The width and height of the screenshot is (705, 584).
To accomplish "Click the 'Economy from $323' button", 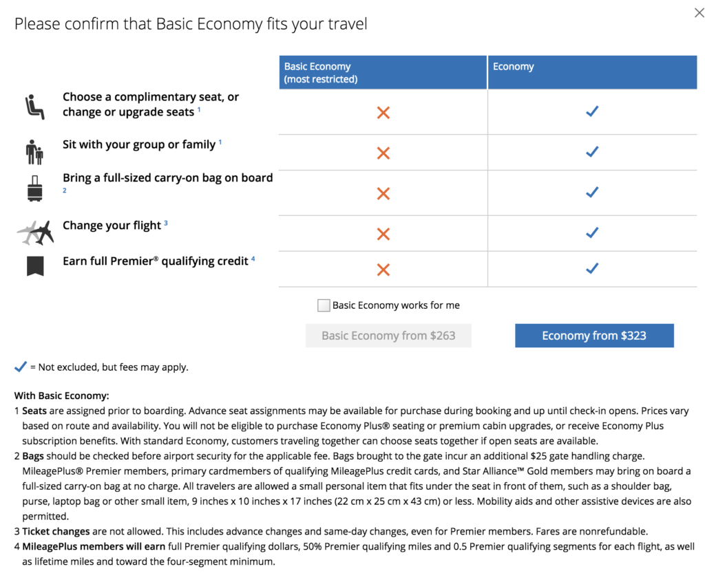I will (x=594, y=336).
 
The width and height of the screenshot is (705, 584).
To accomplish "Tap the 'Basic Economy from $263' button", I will (x=388, y=336).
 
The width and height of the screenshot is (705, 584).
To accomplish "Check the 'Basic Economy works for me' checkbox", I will (x=324, y=305).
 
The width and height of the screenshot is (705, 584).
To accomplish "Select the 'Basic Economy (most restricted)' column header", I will (x=383, y=72).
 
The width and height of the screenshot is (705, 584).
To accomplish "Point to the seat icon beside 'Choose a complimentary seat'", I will (x=34, y=107).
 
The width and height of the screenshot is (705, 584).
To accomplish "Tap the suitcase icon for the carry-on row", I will (x=34, y=188).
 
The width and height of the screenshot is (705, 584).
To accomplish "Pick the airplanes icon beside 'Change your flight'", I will (x=35, y=232).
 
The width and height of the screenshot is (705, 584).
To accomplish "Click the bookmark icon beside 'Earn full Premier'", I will (x=35, y=266).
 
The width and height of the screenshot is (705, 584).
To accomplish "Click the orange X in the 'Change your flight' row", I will (x=383, y=234).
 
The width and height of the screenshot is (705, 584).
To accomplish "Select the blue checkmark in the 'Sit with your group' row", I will (x=591, y=151).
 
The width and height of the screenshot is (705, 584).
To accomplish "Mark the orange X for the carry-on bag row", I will (x=383, y=194).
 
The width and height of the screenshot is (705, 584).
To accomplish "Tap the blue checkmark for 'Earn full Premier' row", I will (x=591, y=269).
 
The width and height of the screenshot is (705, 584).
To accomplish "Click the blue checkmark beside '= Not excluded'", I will (x=21, y=367).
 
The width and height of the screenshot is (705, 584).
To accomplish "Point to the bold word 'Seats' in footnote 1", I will (x=34, y=411).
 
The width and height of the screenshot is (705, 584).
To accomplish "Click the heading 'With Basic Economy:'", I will (x=62, y=396).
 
